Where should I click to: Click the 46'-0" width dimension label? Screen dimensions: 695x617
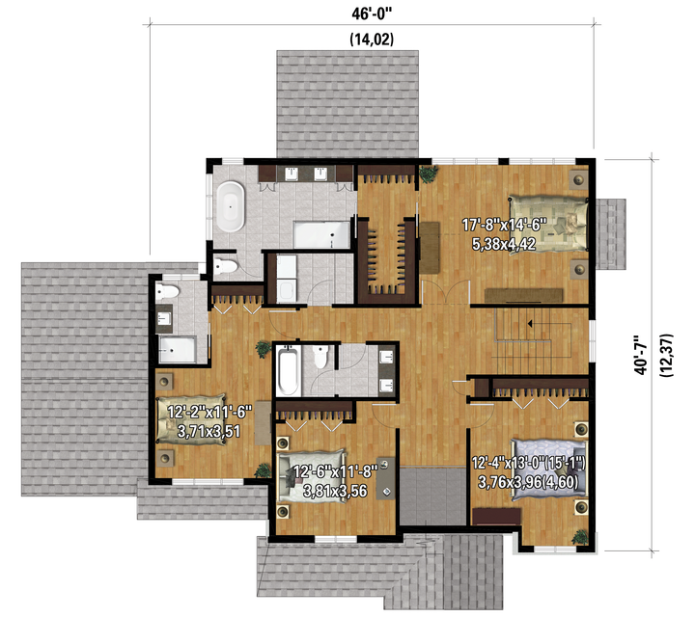pyautogui.click(x=373, y=13)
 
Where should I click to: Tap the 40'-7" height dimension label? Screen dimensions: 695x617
pyautogui.click(x=641, y=355)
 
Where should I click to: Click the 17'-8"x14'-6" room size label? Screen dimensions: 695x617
pyautogui.click(x=503, y=225)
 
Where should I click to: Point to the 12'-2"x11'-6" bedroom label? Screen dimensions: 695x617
pyautogui.click(x=209, y=412)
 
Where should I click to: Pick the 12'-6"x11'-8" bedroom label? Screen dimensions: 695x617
pyautogui.click(x=335, y=471)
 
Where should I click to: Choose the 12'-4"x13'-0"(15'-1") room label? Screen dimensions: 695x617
pyautogui.click(x=528, y=464)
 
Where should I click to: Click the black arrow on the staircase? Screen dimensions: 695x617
pyautogui.click(x=530, y=324)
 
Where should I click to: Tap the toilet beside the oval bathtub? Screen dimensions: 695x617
pyautogui.click(x=226, y=266)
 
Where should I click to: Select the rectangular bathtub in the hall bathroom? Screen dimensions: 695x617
pyautogui.click(x=288, y=371)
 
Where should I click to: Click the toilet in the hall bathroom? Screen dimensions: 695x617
pyautogui.click(x=320, y=357)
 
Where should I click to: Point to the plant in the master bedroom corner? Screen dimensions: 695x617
pyautogui.click(x=429, y=174)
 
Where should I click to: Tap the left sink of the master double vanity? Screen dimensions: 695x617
pyautogui.click(x=291, y=174)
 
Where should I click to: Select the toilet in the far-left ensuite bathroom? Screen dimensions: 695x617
pyautogui.click(x=167, y=291)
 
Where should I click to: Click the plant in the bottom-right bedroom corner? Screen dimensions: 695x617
pyautogui.click(x=580, y=537)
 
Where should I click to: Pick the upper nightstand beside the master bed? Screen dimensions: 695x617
pyautogui.click(x=578, y=179)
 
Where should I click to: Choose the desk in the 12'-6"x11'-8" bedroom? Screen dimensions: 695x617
pyautogui.click(x=385, y=479)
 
